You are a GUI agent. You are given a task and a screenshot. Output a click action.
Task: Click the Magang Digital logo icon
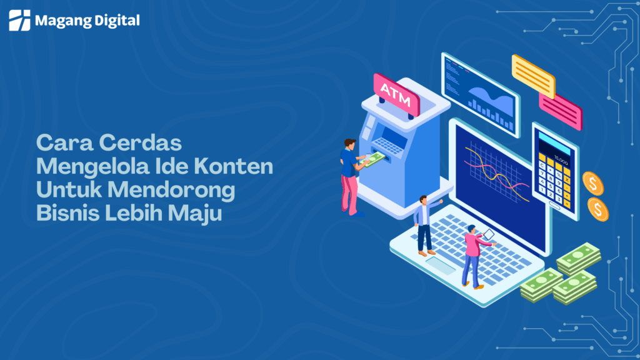tap(19, 20)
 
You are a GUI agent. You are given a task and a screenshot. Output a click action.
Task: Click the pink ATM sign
tap(396, 94)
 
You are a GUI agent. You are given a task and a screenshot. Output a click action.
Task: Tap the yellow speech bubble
tap(533, 76)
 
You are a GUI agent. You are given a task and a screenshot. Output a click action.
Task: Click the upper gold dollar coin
tap(592, 183)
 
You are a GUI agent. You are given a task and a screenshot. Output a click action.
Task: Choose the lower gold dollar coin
tap(597, 209)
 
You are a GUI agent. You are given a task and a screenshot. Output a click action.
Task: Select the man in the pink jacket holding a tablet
tap(472, 254)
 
